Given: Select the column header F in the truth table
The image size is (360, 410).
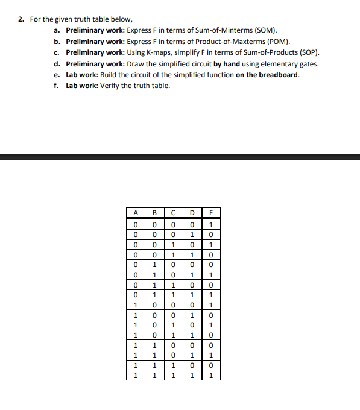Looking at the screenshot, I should point(211,212).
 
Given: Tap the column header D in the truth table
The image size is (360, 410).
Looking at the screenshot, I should point(191,212).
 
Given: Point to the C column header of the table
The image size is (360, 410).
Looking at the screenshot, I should point(173,212).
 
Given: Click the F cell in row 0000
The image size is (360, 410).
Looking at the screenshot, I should point(211,225).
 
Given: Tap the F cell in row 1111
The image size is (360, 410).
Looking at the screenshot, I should point(211,376).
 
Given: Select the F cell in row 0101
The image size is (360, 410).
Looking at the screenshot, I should point(211,276).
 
